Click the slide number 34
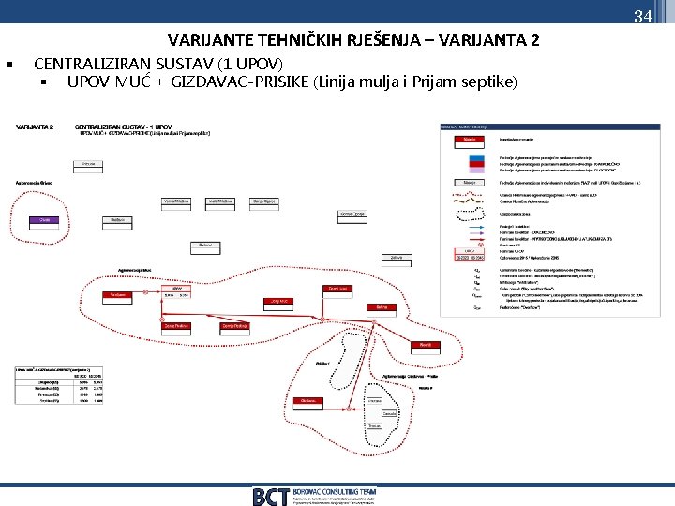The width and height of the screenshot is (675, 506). tap(642, 16)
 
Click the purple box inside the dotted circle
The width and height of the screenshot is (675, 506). tap(43, 219)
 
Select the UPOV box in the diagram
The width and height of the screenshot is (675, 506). tap(176, 289)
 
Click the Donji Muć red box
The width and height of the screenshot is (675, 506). tap(280, 301)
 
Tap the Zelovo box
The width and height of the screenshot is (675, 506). tap(397, 256)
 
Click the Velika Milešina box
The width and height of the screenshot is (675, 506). tap(176, 201)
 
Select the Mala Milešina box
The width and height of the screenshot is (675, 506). tap(220, 201)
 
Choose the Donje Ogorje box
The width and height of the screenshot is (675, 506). tap(264, 201)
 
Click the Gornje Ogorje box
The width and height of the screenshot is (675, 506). tap(352, 214)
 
